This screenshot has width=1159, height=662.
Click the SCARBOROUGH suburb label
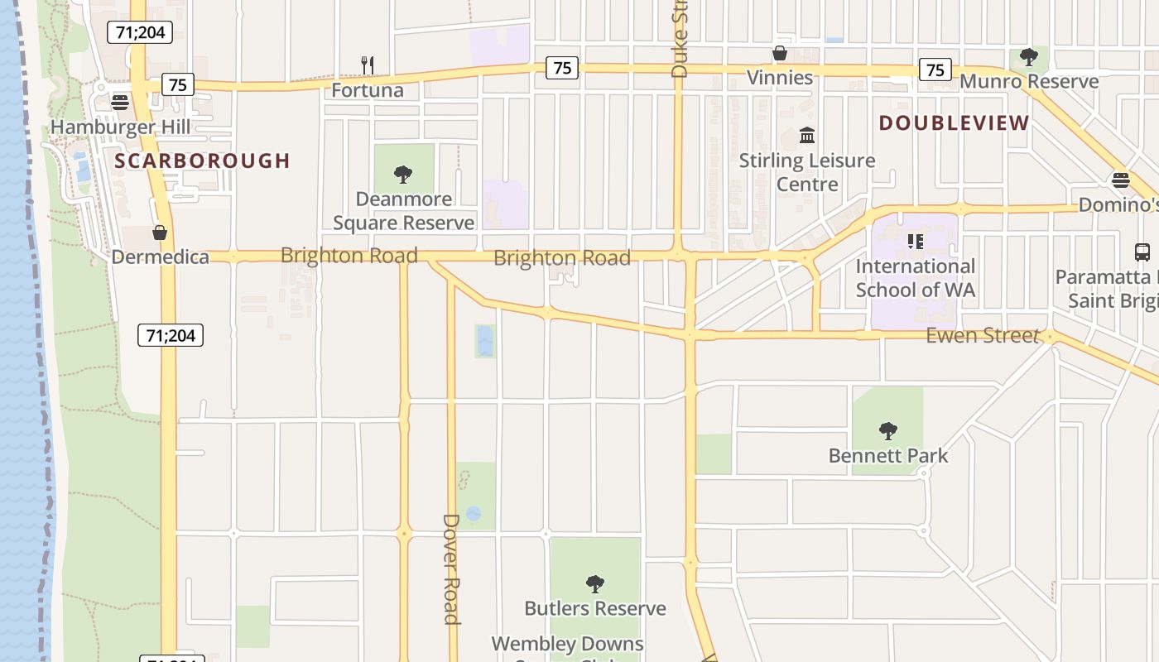point(202,161)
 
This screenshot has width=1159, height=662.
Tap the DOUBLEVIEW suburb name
point(954,123)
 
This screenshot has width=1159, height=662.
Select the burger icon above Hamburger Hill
point(120,103)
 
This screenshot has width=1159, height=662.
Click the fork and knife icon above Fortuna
point(368,65)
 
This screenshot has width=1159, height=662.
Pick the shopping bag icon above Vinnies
point(779,54)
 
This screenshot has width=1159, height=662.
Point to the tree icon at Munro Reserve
point(1029,57)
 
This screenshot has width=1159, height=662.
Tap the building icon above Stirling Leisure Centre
point(807,135)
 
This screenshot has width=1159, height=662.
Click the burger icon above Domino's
point(1121,180)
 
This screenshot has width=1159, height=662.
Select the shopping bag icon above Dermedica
point(160,233)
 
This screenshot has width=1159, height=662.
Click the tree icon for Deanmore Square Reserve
point(403,174)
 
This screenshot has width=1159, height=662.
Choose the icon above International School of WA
point(915,242)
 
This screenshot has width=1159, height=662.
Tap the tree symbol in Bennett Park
point(888,430)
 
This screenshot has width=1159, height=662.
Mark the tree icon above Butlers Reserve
point(594,583)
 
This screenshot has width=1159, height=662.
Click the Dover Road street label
point(451,568)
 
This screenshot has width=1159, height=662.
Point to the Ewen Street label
point(982,335)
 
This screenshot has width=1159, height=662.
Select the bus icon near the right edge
point(1142,252)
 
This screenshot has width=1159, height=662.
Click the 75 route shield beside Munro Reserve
point(935,70)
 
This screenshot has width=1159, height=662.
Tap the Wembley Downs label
point(567,644)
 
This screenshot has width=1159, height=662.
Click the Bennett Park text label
point(888,456)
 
